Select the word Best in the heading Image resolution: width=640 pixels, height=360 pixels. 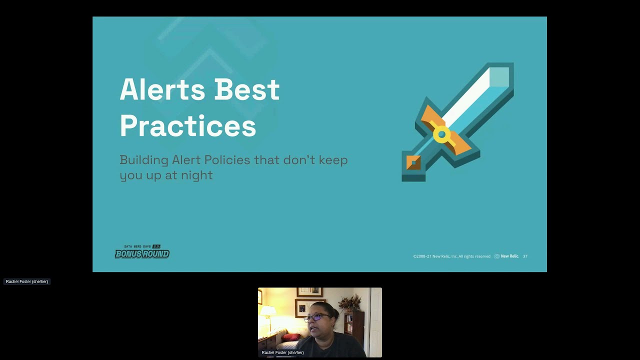(x=246, y=90)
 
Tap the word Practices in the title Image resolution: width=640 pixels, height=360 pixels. (x=187, y=126)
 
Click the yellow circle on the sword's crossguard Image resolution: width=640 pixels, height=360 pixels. (x=441, y=134)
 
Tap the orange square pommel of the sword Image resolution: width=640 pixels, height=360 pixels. (x=413, y=163)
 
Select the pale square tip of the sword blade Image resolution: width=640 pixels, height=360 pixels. (x=498, y=77)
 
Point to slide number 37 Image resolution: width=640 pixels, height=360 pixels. (x=525, y=256)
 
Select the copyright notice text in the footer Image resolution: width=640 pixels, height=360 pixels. (x=451, y=256)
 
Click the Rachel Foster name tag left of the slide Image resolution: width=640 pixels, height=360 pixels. (x=27, y=281)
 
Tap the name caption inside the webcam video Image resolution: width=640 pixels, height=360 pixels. (x=282, y=352)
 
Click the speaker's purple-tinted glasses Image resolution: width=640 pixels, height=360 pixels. (x=317, y=317)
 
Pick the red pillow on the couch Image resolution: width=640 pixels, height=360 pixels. (x=290, y=337)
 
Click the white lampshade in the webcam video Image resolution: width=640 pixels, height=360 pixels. (x=268, y=311)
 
